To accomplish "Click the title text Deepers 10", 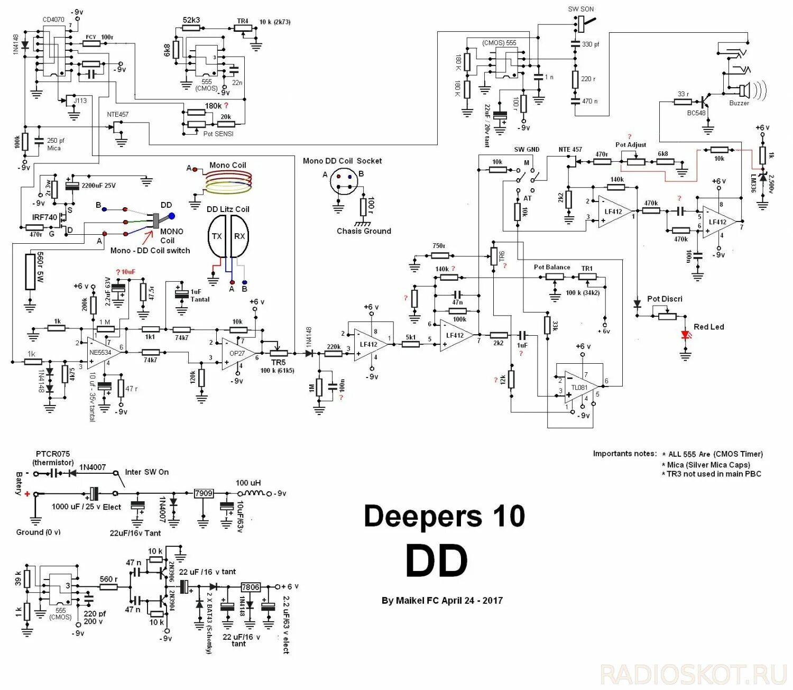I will click(444, 516).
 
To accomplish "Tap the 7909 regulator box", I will click(204, 493).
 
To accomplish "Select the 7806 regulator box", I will click(250, 587).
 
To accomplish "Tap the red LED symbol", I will click(686, 335).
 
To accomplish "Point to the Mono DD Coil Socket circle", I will click(343, 182).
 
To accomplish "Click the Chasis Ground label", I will click(364, 231).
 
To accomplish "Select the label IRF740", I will click(44, 217).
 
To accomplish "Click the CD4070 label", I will click(53, 20).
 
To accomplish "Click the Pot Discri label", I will click(665, 299).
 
